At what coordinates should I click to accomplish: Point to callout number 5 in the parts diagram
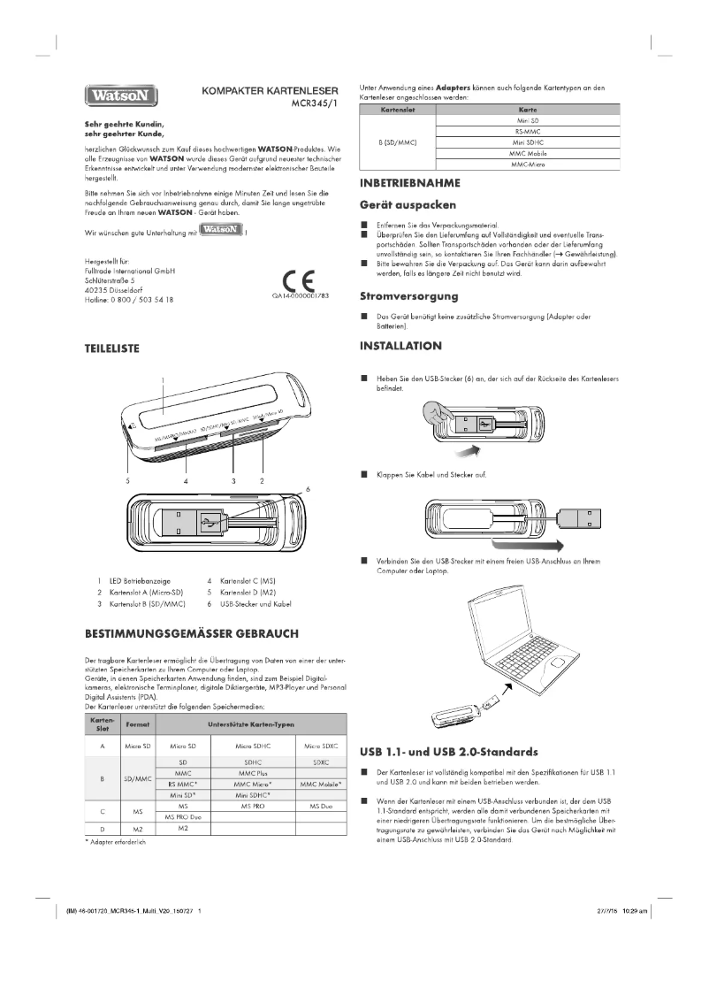[x=127, y=481]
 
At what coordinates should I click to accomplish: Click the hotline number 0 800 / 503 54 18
[x=129, y=300]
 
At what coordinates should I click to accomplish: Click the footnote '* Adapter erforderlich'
[x=115, y=842]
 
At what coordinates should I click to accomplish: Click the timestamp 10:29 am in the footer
[x=634, y=910]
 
